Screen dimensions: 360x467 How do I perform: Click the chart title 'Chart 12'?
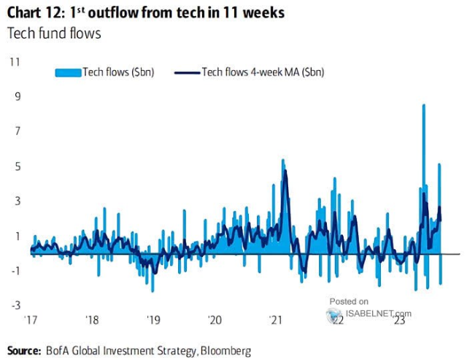click(36, 12)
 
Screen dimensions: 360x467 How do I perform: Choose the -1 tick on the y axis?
click(14, 271)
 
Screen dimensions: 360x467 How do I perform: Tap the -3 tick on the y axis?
click(14, 306)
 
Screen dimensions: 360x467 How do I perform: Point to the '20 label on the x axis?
click(215, 320)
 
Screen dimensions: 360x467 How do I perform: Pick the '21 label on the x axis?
click(277, 320)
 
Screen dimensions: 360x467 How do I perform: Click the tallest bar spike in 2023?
click(424, 106)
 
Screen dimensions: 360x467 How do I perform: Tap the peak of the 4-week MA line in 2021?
click(285, 172)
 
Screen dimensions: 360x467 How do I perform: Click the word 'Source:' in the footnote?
click(25, 351)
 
